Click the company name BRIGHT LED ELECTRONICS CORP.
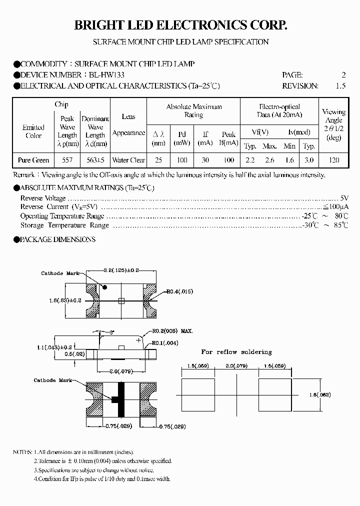pyautogui.click(x=180, y=26)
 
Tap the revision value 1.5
pyautogui.click(x=340, y=85)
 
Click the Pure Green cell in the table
pyautogui.click(x=33, y=160)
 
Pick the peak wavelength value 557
pyautogui.click(x=67, y=160)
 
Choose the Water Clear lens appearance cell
pyautogui.click(x=128, y=160)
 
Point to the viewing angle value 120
pyautogui.click(x=334, y=160)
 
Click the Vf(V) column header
pyautogui.click(x=260, y=132)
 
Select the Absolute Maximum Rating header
pyautogui.click(x=194, y=111)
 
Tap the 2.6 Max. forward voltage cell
pyautogui.click(x=269, y=160)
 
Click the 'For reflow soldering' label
pyautogui.click(x=236, y=352)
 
